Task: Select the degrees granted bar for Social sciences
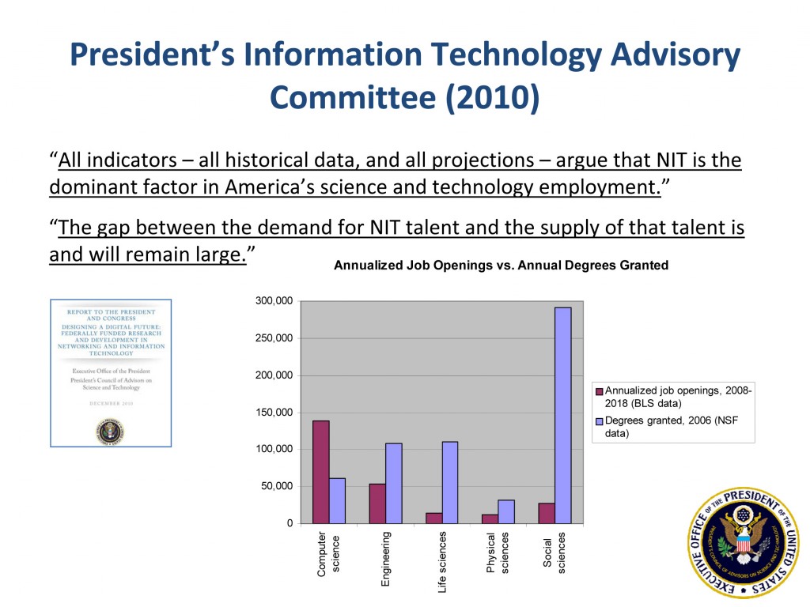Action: [x=562, y=415]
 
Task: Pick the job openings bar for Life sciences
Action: [x=434, y=518]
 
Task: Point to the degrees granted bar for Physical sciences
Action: [x=506, y=511]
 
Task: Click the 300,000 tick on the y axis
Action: [x=274, y=301]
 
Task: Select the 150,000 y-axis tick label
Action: [x=274, y=413]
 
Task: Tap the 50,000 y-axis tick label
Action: [x=277, y=486]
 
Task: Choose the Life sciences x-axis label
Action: [x=442, y=562]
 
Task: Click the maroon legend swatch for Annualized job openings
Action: [x=599, y=391]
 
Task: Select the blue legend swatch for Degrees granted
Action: [x=599, y=421]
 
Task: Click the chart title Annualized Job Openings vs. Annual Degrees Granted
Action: [x=501, y=266]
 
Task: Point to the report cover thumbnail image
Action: [x=111, y=372]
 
